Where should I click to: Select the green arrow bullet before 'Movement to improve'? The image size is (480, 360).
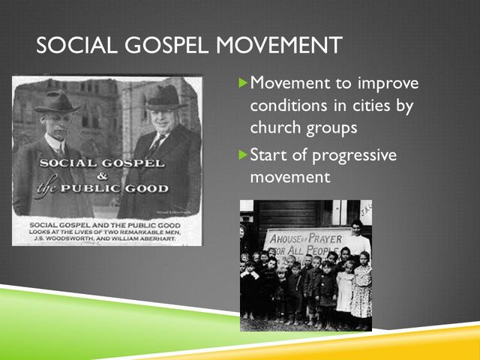coord(241,82)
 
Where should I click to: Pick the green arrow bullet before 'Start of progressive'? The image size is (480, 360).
coord(241,155)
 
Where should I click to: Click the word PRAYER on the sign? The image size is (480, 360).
coord(323,238)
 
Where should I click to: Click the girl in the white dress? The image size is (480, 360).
coord(344,289)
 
